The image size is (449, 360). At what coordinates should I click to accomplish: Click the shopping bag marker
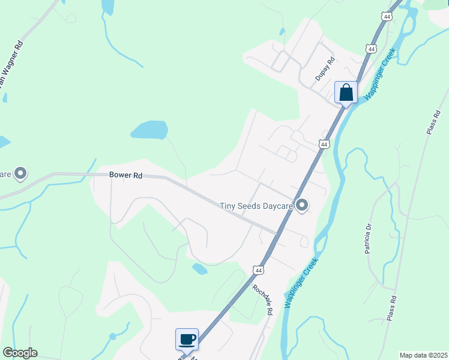click(345, 92)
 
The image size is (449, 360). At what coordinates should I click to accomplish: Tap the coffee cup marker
click(187, 340)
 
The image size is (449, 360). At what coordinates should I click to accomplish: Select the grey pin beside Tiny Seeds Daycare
click(303, 206)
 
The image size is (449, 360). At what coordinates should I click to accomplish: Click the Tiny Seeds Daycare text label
click(256, 206)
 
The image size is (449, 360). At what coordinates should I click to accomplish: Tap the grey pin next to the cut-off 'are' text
click(20, 174)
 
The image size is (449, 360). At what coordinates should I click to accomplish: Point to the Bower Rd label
click(125, 175)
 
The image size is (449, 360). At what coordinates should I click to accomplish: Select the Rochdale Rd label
click(262, 300)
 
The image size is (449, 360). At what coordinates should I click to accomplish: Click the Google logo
click(20, 353)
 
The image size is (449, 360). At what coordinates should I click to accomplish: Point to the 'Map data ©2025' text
click(423, 355)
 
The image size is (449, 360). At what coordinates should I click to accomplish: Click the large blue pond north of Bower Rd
click(149, 130)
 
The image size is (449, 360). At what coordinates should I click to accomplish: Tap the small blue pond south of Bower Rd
click(199, 269)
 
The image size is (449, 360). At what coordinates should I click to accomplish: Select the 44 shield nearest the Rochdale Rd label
click(258, 271)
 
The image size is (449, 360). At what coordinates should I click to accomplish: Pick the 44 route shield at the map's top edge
click(387, 17)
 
